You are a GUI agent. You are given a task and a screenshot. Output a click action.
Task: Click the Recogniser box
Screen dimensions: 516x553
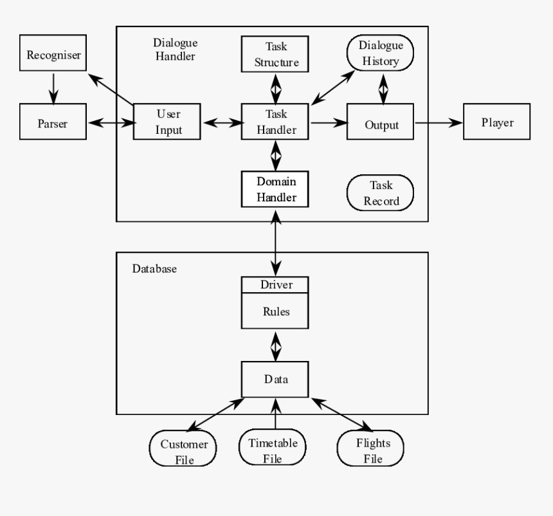[x=54, y=55]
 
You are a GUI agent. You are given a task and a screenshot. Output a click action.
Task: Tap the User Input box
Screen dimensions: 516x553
[x=168, y=121]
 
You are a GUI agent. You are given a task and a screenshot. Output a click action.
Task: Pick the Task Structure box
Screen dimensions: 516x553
[x=275, y=54]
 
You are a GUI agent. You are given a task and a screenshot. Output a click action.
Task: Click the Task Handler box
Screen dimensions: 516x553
[x=275, y=121]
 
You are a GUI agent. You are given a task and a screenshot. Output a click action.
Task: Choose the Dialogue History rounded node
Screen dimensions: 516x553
[x=381, y=53]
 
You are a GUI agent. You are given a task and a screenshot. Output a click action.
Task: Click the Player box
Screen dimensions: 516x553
[x=497, y=121]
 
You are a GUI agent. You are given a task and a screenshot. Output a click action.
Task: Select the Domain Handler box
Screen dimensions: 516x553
[x=275, y=189]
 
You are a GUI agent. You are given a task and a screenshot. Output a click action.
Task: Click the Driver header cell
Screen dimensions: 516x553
[x=275, y=284]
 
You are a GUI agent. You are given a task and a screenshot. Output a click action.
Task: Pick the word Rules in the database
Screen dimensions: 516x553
[x=275, y=311]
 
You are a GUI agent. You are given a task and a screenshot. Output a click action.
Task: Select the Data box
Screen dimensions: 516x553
[x=275, y=379]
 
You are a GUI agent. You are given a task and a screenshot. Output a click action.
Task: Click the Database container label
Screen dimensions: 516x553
[x=154, y=268]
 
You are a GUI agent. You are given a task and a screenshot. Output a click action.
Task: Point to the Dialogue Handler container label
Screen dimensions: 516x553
[x=174, y=49]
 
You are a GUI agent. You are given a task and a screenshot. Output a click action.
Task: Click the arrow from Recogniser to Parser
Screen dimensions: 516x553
[x=54, y=88]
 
